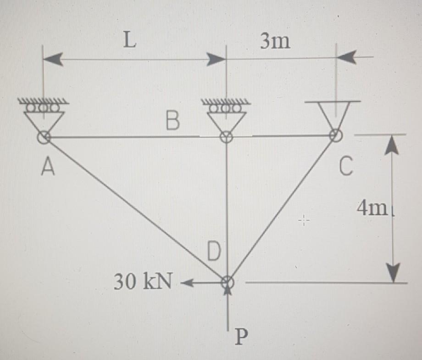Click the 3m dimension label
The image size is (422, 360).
[x=275, y=42]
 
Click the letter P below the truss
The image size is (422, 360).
[x=241, y=339]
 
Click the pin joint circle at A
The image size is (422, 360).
[x=44, y=136]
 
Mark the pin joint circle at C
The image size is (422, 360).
[x=336, y=135]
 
